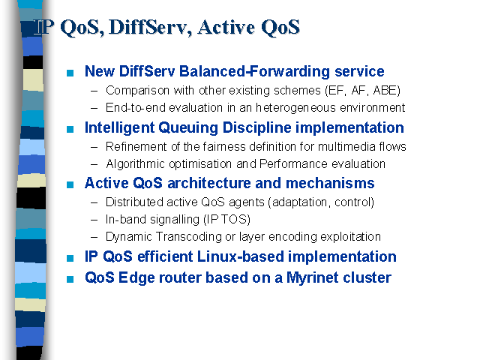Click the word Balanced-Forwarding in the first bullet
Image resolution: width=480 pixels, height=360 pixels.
click(x=255, y=72)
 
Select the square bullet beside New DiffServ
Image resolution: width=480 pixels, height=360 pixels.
click(x=70, y=73)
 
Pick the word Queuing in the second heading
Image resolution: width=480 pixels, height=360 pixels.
click(x=188, y=128)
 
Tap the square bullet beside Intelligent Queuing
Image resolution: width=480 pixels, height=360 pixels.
click(x=70, y=129)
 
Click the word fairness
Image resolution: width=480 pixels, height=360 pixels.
click(x=224, y=147)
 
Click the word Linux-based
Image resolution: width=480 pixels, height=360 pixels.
click(x=241, y=256)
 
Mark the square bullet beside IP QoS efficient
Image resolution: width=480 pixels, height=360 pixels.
click(x=70, y=258)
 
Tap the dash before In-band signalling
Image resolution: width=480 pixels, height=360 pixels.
click(x=94, y=220)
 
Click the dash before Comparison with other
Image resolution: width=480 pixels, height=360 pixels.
click(x=94, y=91)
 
